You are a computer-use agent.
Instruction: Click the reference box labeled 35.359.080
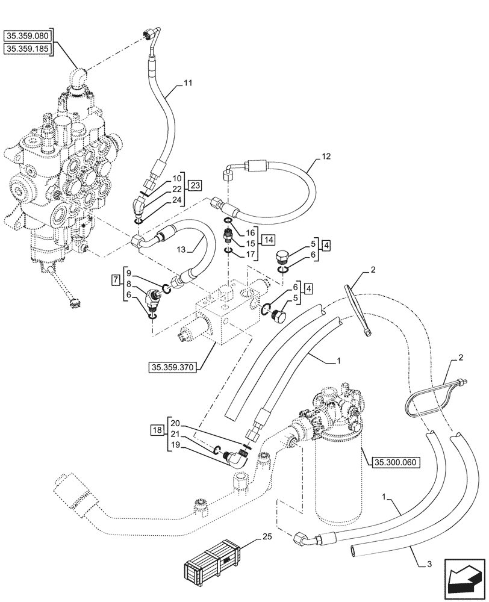tap(28, 36)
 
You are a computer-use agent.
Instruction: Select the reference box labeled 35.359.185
tap(28, 49)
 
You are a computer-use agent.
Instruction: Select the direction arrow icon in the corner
tap(464, 578)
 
